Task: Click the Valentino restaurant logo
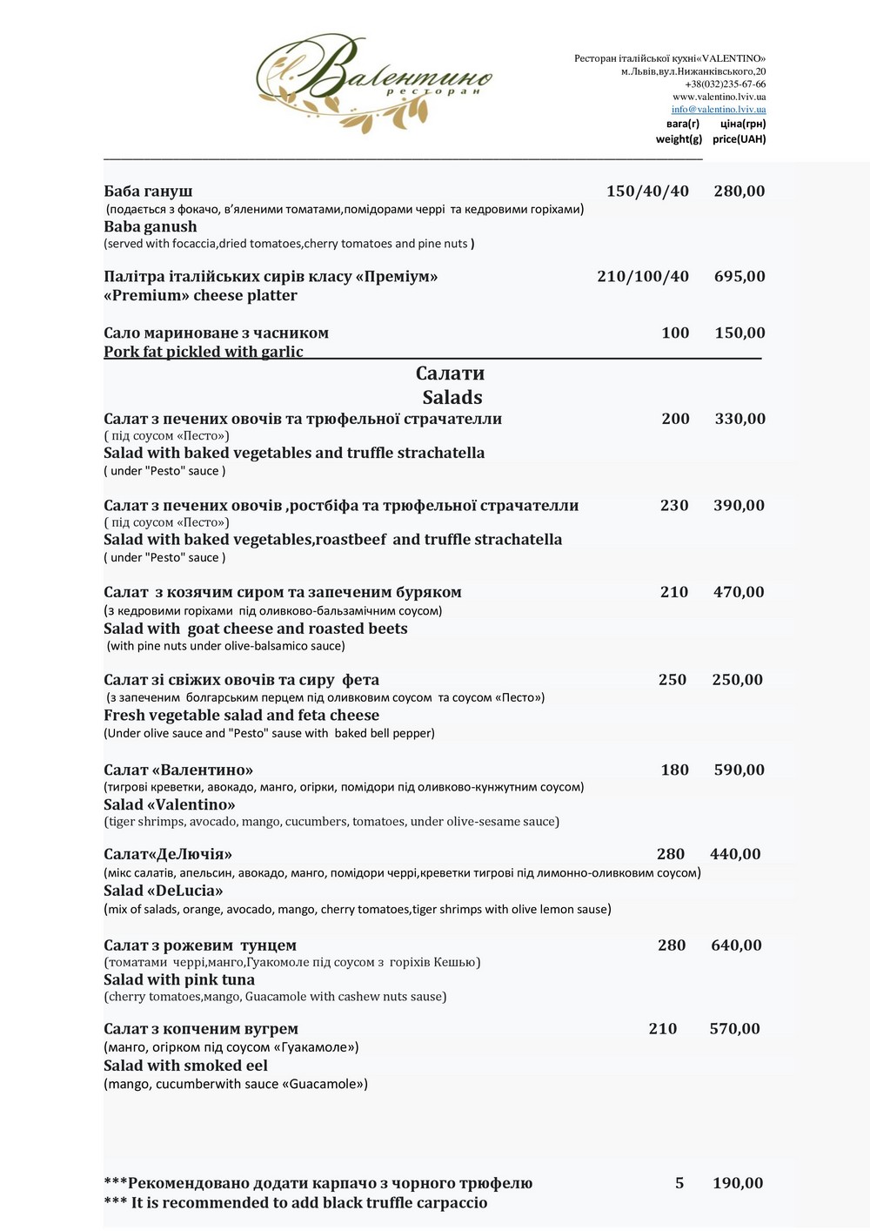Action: point(374,83)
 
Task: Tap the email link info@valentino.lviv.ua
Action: point(719,110)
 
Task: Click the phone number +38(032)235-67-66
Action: point(725,84)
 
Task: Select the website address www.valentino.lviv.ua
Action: point(719,97)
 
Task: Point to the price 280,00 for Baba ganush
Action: point(739,192)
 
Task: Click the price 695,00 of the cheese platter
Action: point(739,277)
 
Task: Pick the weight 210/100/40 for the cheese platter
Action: point(643,277)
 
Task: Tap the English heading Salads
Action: point(452,398)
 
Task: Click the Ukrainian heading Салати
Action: point(450,373)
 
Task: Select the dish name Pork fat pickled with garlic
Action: point(204,352)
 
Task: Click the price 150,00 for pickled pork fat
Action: point(739,333)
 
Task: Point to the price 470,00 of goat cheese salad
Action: point(739,592)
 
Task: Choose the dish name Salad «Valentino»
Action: point(170,804)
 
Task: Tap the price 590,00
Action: point(739,770)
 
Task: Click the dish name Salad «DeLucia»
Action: point(164,891)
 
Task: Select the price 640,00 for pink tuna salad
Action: point(736,945)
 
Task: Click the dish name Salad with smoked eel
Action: point(185,1066)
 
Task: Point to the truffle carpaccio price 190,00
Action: point(738,1183)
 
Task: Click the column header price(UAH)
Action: point(739,139)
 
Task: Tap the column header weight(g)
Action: point(679,139)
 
